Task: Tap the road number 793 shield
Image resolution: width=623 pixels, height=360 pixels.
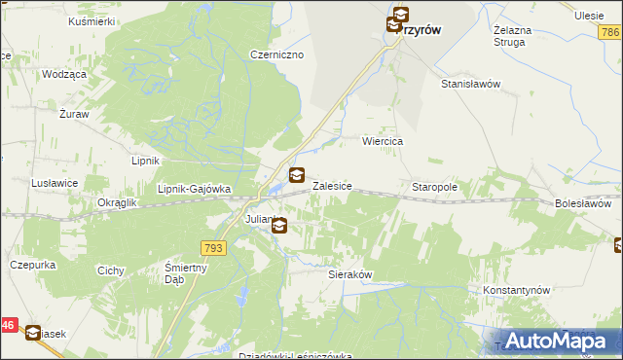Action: click(x=214, y=249)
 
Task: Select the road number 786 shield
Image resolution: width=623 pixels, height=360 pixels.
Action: click(x=610, y=34)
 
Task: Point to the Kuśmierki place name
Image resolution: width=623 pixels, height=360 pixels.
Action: click(x=92, y=20)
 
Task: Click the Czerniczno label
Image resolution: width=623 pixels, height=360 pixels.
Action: click(x=277, y=54)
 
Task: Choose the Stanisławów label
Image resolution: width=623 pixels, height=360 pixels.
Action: click(x=470, y=84)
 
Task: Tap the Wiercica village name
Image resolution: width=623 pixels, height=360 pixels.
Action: click(x=383, y=141)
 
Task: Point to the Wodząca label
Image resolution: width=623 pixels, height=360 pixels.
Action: click(x=64, y=74)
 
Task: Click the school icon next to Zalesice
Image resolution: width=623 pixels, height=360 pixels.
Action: click(x=297, y=176)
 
